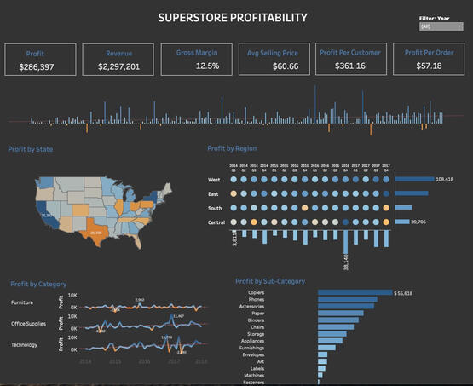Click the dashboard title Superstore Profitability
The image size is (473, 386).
(233, 17)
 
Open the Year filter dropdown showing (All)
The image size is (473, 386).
(441, 26)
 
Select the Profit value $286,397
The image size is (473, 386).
(37, 66)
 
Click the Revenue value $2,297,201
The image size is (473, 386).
(118, 66)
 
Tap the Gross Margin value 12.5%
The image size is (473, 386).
(197, 65)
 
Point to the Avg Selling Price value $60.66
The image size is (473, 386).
(274, 66)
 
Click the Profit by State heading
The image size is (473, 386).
(31, 149)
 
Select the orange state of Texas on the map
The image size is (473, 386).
(96, 229)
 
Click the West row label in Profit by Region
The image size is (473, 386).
(216, 180)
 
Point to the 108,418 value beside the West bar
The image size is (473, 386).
(444, 180)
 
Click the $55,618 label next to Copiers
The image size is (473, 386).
(405, 292)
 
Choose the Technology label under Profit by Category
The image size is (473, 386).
(25, 345)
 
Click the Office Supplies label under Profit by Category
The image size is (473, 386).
(29, 324)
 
